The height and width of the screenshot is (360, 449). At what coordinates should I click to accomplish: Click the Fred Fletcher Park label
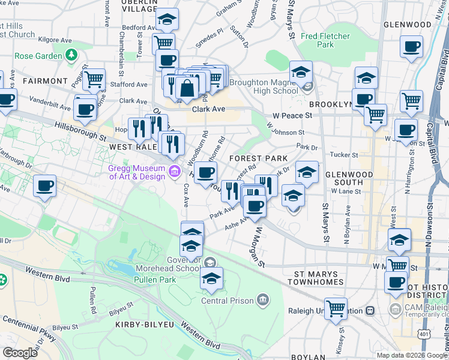(x=325, y=40)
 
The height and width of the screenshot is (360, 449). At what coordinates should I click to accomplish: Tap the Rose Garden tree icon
(x=71, y=55)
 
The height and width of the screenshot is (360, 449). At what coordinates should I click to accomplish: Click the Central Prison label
(x=229, y=300)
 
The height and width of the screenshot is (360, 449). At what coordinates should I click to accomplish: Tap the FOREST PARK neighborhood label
(x=257, y=158)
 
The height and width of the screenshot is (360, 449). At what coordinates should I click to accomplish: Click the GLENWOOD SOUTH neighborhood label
(x=344, y=178)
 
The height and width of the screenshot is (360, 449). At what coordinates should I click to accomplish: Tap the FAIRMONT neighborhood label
(x=45, y=80)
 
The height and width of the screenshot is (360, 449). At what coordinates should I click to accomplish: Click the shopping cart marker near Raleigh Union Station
(x=336, y=308)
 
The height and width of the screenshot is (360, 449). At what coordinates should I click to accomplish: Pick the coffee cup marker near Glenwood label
(x=411, y=46)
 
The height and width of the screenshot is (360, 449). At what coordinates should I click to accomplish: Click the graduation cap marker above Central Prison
(x=211, y=278)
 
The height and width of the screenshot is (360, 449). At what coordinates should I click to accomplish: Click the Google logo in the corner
(x=20, y=353)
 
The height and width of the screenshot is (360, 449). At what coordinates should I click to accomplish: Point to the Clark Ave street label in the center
(x=208, y=110)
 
